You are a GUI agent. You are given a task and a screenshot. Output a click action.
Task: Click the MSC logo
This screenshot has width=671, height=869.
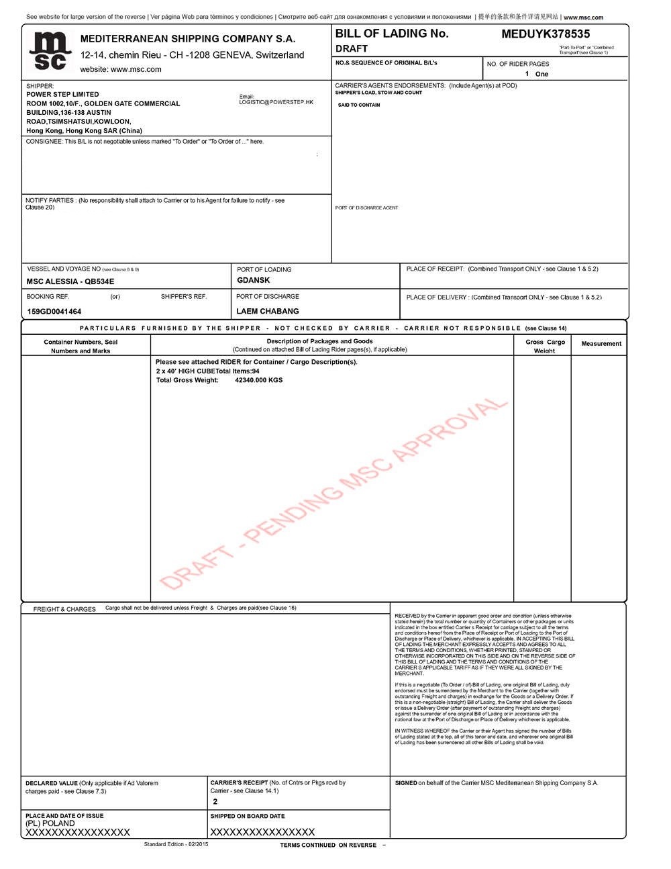coord(50,51)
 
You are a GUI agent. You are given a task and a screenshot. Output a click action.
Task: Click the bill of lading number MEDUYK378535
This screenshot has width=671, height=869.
coord(546,34)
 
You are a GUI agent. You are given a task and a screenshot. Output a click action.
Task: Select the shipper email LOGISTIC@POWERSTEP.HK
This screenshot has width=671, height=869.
coord(276,102)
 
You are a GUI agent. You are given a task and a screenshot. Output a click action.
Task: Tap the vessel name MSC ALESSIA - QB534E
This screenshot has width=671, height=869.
coord(70,281)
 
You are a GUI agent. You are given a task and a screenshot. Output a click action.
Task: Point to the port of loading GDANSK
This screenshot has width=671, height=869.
coord(254,280)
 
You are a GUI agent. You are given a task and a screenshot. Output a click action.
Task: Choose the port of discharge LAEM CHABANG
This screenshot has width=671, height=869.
coord(268,311)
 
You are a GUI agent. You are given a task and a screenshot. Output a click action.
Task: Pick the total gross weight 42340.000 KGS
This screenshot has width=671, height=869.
coord(258,380)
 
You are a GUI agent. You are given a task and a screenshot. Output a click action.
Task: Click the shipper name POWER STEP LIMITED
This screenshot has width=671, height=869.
coord(62,95)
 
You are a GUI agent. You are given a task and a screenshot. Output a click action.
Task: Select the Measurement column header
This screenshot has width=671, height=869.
coord(601,344)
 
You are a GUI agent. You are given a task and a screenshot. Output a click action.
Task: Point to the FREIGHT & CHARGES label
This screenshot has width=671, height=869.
coord(64,609)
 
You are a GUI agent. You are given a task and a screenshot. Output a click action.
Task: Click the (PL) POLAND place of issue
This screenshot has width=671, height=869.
coord(50,823)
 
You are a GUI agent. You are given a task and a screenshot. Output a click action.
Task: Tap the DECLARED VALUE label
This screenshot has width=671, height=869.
coord(52,783)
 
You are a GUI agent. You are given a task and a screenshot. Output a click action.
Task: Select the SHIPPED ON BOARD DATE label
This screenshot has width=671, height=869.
coord(248,816)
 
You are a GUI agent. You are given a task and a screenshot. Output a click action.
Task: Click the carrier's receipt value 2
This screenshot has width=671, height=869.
coord(215,802)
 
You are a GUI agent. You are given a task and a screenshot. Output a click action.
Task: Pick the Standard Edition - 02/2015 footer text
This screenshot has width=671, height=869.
coord(176,844)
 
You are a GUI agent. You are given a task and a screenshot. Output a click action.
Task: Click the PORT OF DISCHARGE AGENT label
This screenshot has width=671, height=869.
coord(366,208)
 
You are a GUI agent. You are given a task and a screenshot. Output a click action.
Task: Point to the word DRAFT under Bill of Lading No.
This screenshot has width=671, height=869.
coord(352,48)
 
